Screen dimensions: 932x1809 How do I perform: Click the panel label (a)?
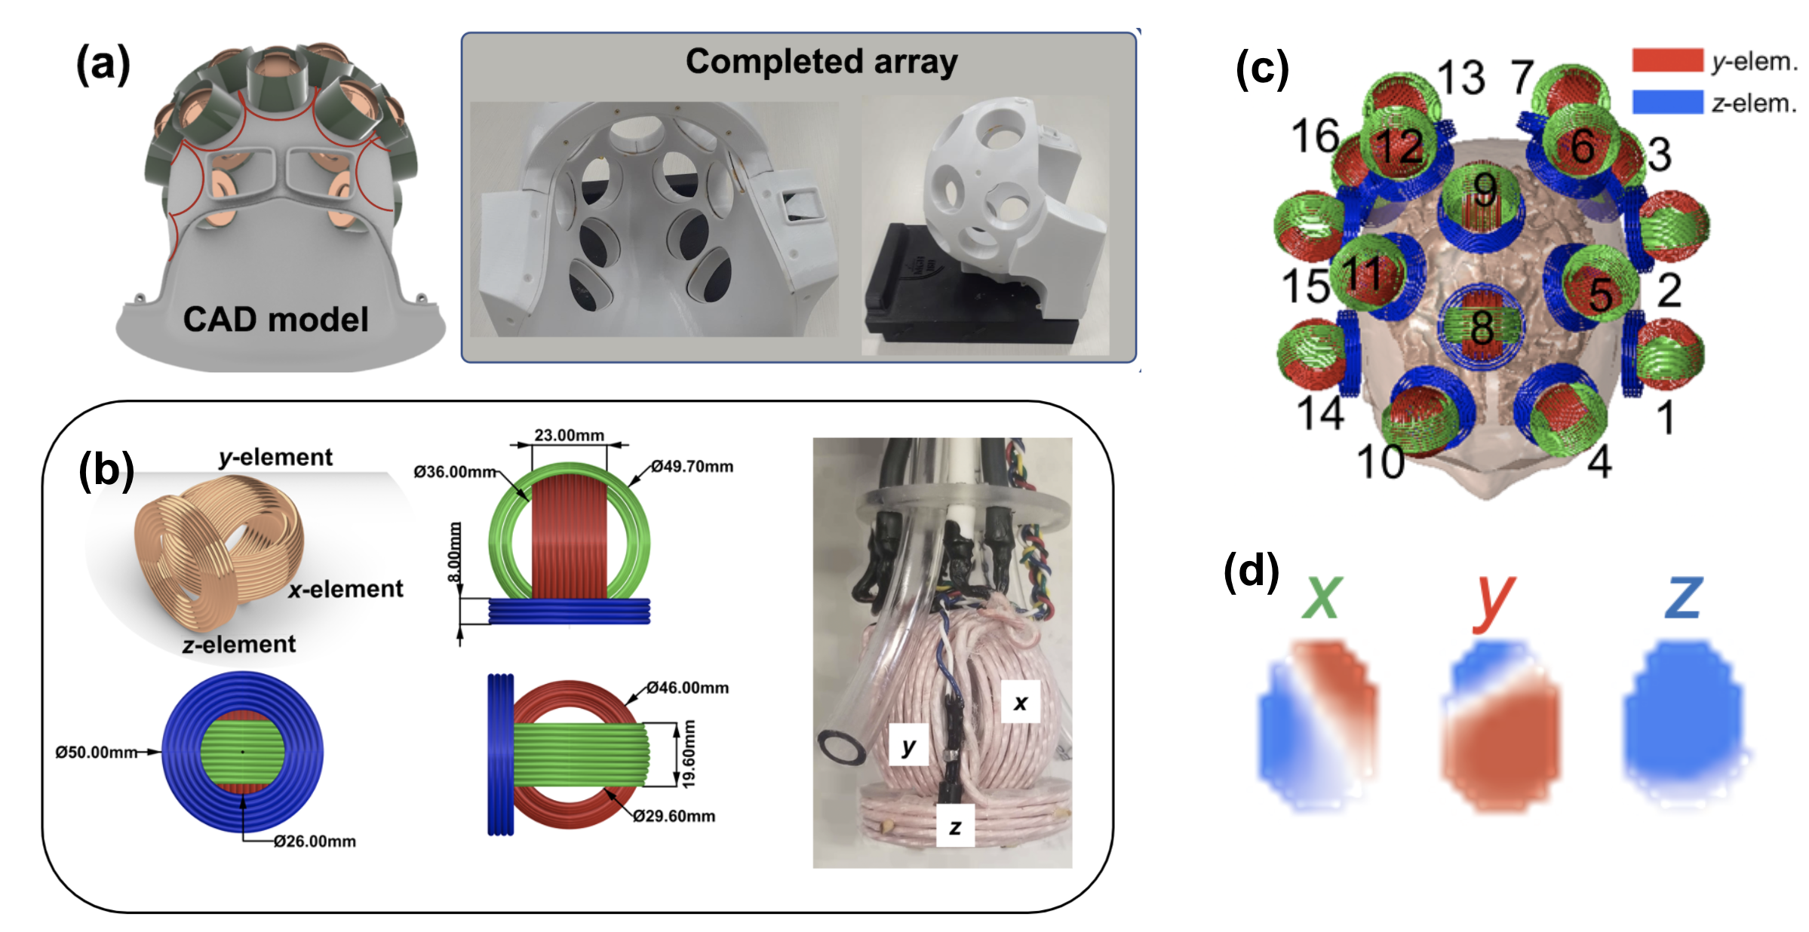pos(103,65)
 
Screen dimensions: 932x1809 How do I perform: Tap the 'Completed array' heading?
pos(821,62)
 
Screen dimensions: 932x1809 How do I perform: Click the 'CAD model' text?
pos(275,320)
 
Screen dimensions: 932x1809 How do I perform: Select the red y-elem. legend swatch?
pos(1666,60)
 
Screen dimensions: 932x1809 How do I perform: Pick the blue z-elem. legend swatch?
pos(1666,102)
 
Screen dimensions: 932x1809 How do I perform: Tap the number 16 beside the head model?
pos(1315,136)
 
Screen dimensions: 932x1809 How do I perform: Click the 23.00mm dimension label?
pos(569,435)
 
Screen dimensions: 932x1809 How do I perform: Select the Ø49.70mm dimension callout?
pos(692,467)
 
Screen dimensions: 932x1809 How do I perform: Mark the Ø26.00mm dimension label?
pos(315,842)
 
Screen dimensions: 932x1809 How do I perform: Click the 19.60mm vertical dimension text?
pos(689,754)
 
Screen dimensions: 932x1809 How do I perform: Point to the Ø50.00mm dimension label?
pos(96,753)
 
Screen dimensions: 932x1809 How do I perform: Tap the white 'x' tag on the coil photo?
pos(1020,703)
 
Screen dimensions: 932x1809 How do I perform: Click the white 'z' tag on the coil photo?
pos(955,826)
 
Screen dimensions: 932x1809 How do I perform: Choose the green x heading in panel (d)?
pos(1322,597)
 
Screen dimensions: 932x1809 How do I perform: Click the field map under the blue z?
pos(1684,724)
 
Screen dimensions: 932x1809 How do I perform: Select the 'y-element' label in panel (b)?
pos(275,457)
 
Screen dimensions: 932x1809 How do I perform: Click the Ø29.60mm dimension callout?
pos(674,816)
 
